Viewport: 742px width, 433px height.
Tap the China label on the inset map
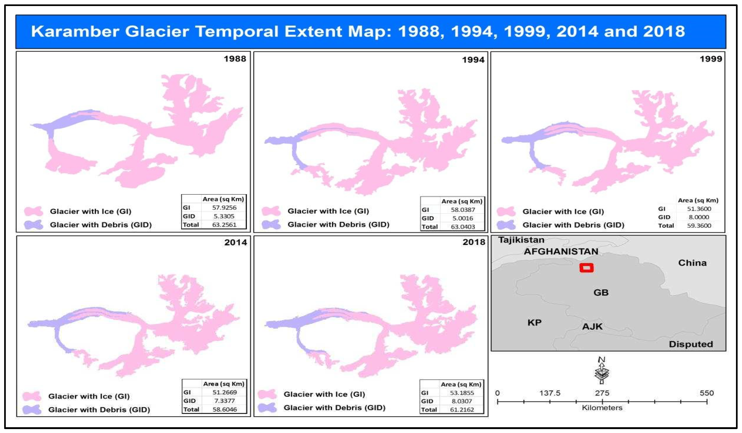click(x=692, y=263)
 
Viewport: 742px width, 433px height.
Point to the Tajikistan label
click(x=521, y=240)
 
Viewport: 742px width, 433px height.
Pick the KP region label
click(x=534, y=322)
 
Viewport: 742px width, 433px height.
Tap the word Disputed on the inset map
click(x=691, y=344)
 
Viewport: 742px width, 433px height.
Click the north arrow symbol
click(x=602, y=371)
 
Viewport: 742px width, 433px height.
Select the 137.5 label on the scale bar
click(x=550, y=393)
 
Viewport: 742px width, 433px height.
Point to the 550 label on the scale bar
click(x=707, y=393)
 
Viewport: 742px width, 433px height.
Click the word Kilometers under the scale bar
click(x=602, y=408)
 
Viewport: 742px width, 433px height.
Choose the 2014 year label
click(x=235, y=242)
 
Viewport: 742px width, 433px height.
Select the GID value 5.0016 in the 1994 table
click(x=463, y=218)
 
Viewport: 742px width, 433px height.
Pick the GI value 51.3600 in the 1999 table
click(x=699, y=209)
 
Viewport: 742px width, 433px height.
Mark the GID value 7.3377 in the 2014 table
click(x=224, y=401)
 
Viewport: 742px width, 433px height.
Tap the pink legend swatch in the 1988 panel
click(x=33, y=211)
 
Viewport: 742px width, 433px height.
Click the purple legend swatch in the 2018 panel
click(x=267, y=408)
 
